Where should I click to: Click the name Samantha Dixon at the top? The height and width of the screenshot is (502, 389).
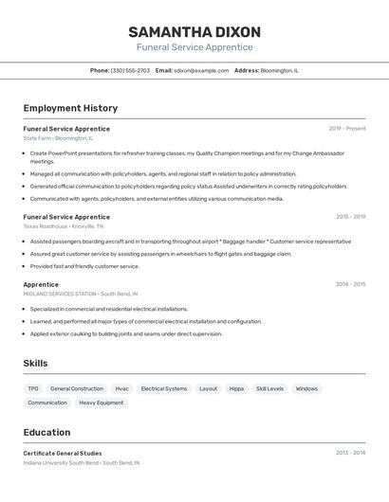(194, 32)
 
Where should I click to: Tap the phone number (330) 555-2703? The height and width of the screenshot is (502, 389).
(130, 70)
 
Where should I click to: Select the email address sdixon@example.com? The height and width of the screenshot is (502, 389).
(202, 70)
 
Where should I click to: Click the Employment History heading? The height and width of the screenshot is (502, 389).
(70, 108)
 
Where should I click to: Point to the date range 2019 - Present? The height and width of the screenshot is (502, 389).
(347, 129)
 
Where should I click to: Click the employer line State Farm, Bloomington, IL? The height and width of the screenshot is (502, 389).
(58, 138)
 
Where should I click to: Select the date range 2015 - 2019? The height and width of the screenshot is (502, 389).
(350, 217)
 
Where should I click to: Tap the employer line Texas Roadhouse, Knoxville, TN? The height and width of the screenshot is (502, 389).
(64, 226)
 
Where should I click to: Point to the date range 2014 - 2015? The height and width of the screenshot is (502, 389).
(350, 284)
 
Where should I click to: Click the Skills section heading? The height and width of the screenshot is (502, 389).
(35, 364)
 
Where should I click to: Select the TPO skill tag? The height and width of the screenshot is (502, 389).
(33, 388)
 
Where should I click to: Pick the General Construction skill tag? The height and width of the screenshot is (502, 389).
(77, 388)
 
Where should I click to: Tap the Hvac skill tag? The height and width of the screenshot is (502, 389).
(121, 388)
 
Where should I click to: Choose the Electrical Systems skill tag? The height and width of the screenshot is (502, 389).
(164, 388)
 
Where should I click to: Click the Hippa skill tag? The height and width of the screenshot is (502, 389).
(236, 388)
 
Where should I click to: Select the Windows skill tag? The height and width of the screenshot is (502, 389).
(306, 388)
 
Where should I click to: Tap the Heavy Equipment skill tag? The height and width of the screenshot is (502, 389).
(101, 403)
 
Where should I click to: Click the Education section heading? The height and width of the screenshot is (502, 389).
(46, 432)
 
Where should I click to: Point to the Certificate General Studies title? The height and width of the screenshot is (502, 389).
(63, 454)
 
